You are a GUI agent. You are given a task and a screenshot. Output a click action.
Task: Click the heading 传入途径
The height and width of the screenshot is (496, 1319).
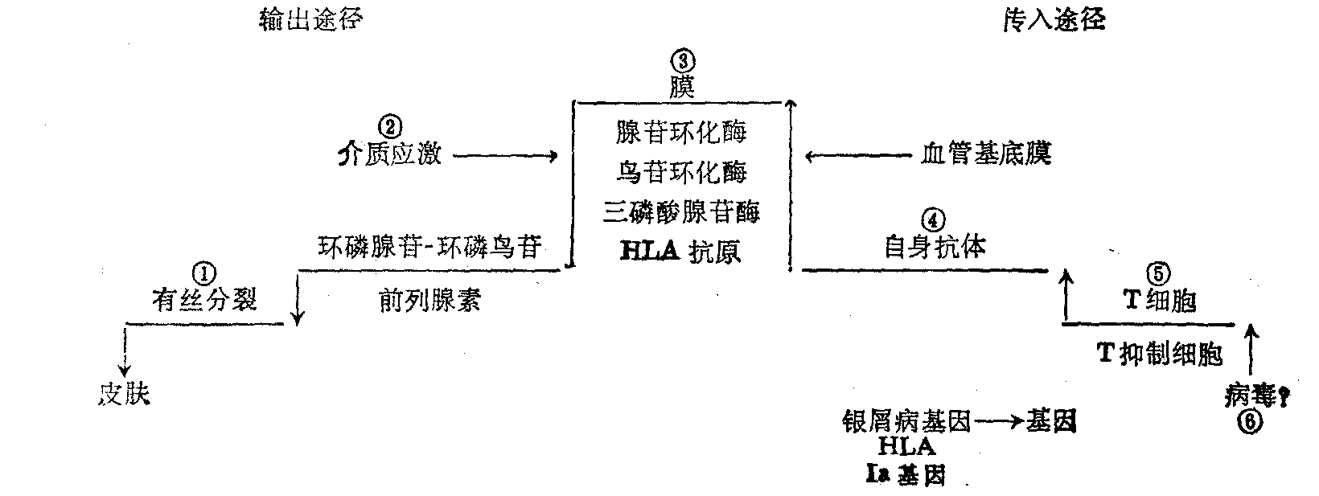pos(1054,19)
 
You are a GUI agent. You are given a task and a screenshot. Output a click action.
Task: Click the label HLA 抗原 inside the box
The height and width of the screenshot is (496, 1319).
pos(681,252)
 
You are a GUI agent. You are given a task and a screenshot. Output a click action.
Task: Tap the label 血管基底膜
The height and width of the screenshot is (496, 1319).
pos(986,154)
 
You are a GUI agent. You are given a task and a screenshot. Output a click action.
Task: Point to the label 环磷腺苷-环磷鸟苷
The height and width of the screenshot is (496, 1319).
pos(429,246)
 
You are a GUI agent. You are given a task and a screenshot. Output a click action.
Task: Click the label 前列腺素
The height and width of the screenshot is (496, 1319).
pos(429,300)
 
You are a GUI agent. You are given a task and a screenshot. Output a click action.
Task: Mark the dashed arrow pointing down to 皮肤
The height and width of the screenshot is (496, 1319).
pos(125,350)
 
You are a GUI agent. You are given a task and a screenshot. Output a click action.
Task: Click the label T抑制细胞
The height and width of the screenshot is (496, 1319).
pos(1160,353)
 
